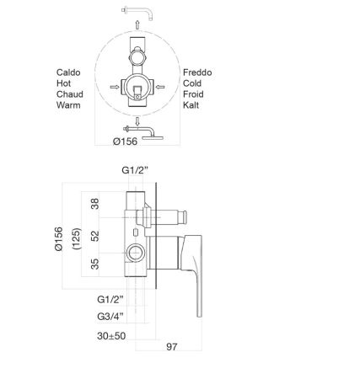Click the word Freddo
tap(200, 72)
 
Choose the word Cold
tap(195, 84)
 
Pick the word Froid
tap(196, 96)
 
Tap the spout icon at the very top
tap(134, 11)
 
